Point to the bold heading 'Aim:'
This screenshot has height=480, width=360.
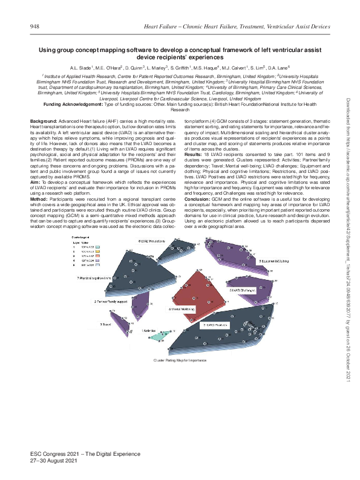pyautogui.click(x=35, y=181)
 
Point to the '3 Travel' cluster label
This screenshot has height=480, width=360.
pyautogui.click(x=105, y=324)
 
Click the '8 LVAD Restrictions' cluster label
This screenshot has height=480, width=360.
pyautogui.click(x=153, y=241)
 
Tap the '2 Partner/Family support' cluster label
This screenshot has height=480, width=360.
pyautogui.click(x=110, y=300)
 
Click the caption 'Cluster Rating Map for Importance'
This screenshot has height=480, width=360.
pyautogui.click(x=180, y=359)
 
